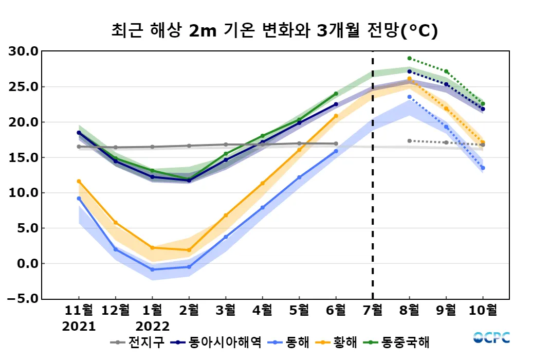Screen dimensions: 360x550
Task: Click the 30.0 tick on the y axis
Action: tap(24, 51)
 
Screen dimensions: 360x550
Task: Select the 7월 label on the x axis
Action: tap(373, 311)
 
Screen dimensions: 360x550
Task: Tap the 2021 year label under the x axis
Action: tap(79, 326)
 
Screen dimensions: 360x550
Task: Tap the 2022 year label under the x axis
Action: tap(152, 326)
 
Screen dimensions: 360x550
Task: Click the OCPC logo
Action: tap(491, 337)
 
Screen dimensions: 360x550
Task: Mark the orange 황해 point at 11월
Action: tap(79, 181)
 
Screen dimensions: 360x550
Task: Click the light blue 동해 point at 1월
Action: tap(152, 269)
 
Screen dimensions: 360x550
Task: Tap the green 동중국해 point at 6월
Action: tap(336, 94)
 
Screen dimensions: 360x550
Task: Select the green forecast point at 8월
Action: tap(410, 58)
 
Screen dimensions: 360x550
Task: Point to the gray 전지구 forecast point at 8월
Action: tap(410, 141)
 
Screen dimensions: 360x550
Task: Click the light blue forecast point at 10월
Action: tap(483, 168)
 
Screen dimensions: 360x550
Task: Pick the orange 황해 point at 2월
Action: tap(189, 250)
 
